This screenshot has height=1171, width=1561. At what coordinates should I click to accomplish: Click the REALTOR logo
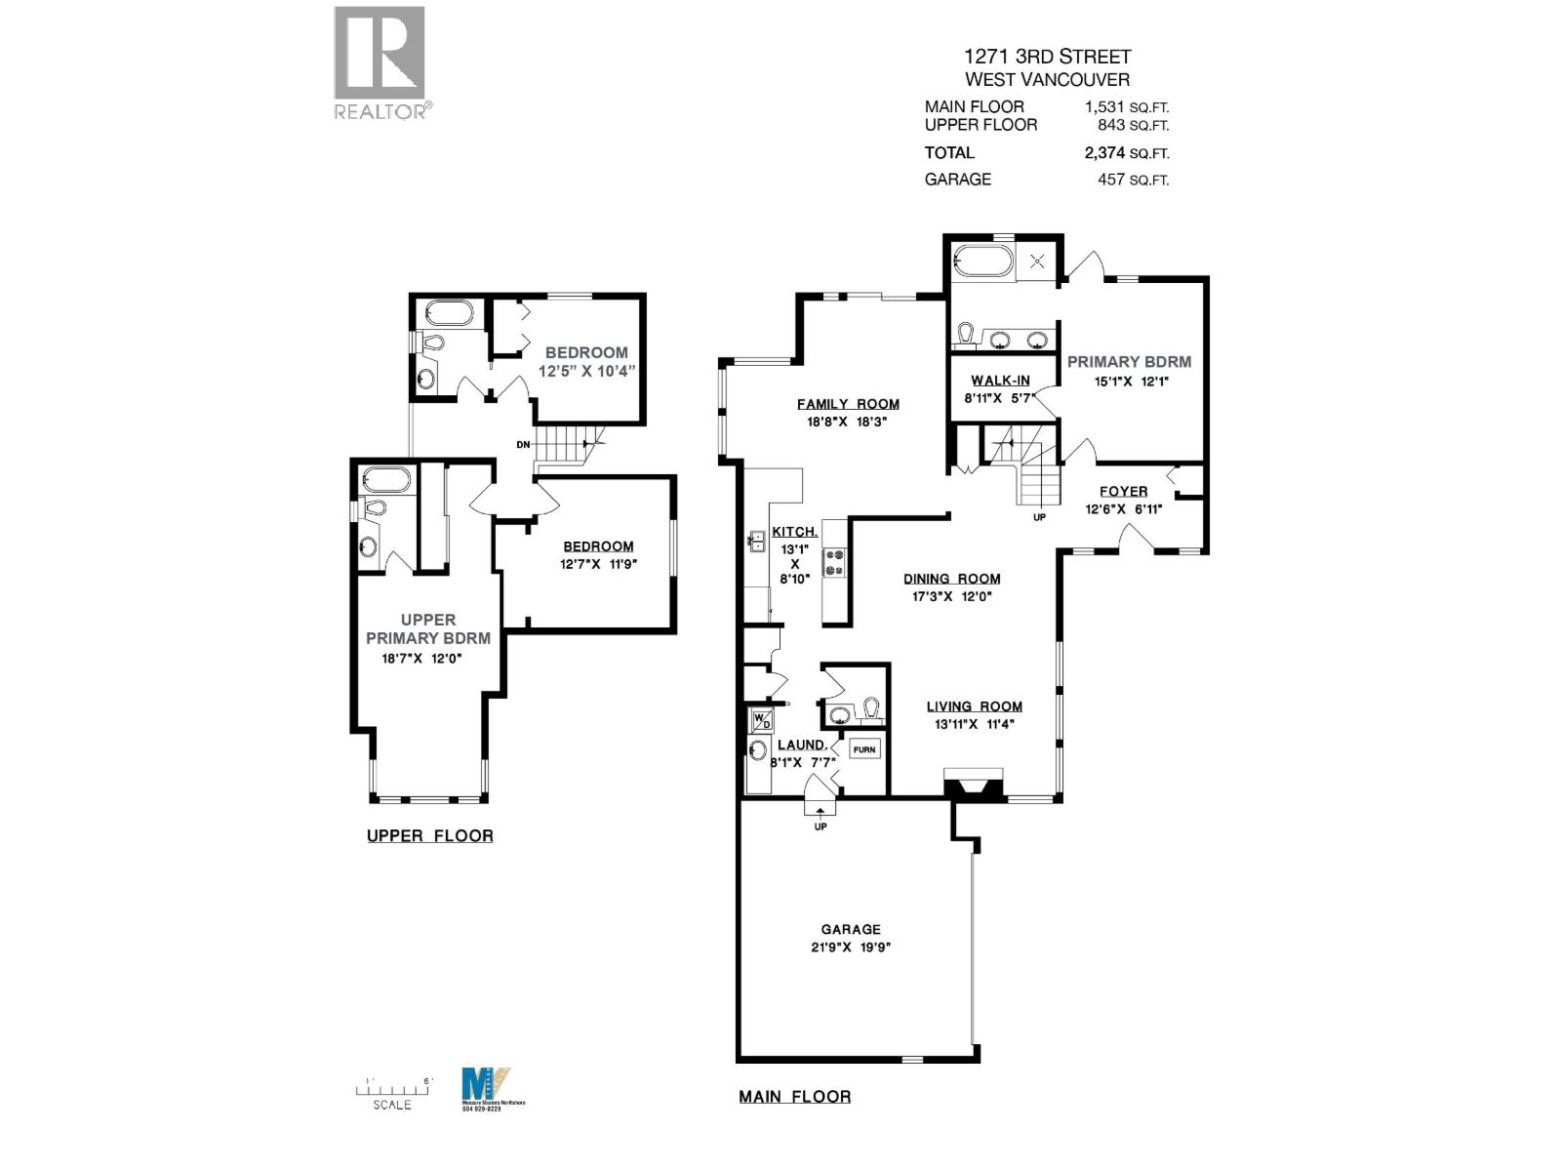[380, 62]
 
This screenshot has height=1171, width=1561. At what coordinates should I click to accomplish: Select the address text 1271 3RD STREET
[1047, 57]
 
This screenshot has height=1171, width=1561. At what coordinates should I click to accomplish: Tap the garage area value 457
[1111, 180]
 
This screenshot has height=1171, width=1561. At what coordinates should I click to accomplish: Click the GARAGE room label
[850, 930]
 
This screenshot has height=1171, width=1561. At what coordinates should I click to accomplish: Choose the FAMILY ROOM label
[848, 404]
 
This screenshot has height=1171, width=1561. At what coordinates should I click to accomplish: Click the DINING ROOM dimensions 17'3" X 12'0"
[951, 596]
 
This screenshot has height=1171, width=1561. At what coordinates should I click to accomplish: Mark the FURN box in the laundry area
[864, 749]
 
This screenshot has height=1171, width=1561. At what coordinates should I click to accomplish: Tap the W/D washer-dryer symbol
[761, 721]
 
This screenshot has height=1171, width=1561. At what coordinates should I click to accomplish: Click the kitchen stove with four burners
[835, 562]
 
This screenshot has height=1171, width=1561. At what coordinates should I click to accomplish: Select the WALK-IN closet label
[1000, 381]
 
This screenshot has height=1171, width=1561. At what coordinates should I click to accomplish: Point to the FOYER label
[1123, 492]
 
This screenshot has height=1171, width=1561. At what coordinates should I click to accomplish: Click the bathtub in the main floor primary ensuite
[984, 261]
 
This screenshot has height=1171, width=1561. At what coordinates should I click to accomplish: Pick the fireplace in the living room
[974, 785]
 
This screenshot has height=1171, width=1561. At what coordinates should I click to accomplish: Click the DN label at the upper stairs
[523, 445]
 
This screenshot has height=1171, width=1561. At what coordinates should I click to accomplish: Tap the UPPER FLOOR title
[429, 836]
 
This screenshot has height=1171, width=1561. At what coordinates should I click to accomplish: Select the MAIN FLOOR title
[794, 1097]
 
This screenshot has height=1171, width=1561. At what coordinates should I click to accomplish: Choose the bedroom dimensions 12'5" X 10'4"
[586, 371]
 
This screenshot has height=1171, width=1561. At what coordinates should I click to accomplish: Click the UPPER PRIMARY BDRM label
[427, 628]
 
